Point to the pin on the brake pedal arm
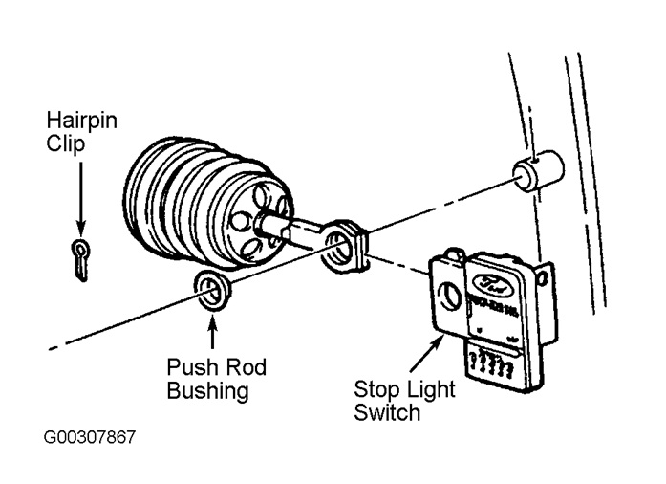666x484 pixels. pyautogui.click(x=537, y=175)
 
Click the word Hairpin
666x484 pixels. pyautogui.click(x=80, y=121)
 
